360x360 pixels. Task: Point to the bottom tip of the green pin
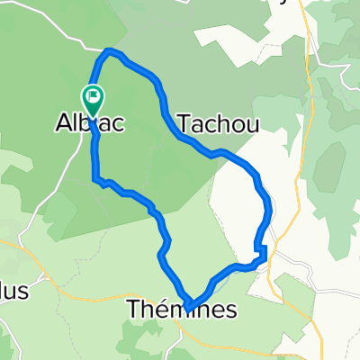click(93, 113)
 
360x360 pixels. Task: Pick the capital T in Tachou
click(186, 124)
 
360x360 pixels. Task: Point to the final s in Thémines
click(231, 310)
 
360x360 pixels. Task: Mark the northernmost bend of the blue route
click(111, 52)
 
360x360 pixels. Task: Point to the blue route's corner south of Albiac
click(95, 179)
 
